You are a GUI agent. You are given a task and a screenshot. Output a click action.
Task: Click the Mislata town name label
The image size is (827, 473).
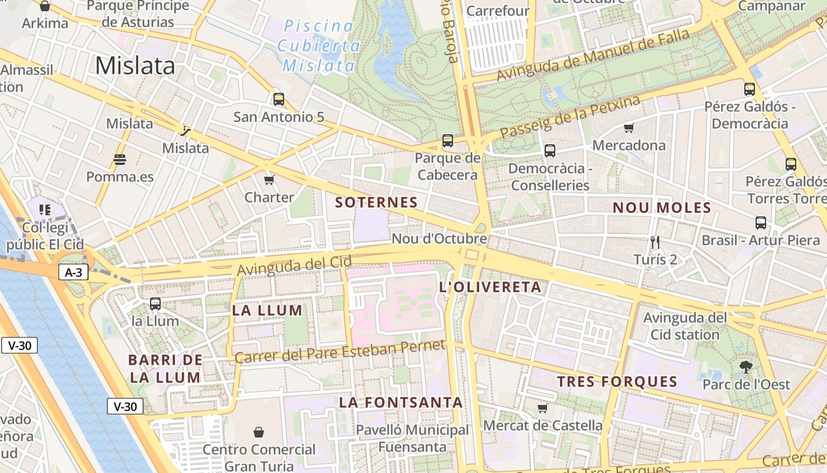tap(135, 65)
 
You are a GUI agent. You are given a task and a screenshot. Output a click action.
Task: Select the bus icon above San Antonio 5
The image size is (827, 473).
tap(279, 99)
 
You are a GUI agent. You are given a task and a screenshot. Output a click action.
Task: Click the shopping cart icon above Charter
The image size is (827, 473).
tap(269, 180)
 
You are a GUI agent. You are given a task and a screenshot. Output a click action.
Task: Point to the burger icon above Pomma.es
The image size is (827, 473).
tap(120, 160)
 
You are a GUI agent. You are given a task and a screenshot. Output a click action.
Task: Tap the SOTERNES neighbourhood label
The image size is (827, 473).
tap(376, 202)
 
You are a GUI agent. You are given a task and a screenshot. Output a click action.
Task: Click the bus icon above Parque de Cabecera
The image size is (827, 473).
tap(448, 141)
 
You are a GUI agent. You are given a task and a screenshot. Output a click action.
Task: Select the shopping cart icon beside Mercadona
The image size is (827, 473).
tap(629, 128)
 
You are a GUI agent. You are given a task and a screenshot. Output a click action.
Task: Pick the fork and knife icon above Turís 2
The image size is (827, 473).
tap(655, 242)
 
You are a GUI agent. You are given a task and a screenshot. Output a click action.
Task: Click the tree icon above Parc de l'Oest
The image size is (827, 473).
tap(746, 367)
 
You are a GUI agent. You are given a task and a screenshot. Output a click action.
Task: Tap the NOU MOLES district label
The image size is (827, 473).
tap(662, 208)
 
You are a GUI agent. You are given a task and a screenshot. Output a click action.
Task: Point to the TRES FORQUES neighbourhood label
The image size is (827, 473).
tap(617, 381)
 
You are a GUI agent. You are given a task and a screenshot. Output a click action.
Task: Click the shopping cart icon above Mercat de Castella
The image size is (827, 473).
tap(543, 408)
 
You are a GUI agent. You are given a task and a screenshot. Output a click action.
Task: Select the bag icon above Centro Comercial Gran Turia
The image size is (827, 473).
tap(258, 432)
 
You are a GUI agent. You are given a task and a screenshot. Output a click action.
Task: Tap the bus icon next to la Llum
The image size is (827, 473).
tap(155, 304)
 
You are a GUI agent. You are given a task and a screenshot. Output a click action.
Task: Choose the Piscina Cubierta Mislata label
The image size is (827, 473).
tap(318, 46)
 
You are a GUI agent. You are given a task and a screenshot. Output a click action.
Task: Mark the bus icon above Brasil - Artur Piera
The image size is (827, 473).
tap(761, 223)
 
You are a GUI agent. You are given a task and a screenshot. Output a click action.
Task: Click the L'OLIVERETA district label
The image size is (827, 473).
tap(490, 287)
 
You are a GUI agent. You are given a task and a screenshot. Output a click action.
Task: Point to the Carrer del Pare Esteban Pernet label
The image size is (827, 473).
tap(340, 351)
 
